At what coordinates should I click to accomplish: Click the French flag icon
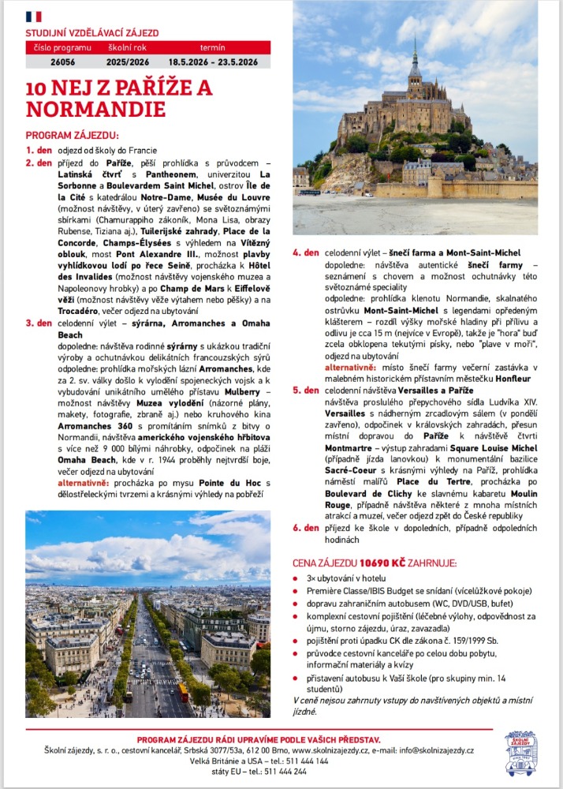point(34,17)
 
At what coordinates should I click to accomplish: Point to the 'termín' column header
point(213,47)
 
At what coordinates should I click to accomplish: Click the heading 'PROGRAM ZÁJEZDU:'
point(72,135)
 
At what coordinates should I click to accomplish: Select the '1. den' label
point(39,150)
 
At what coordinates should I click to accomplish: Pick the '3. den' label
point(39,323)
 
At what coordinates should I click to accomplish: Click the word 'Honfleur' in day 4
point(516,378)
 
